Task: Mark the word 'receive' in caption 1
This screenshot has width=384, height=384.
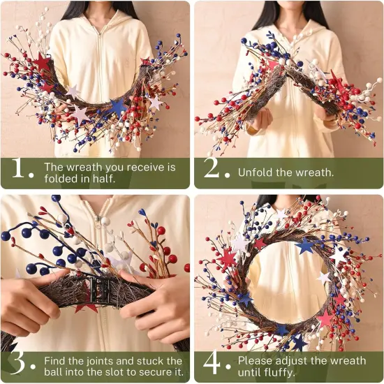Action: click(x=143, y=167)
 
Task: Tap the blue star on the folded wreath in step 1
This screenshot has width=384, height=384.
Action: click(x=117, y=106)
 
